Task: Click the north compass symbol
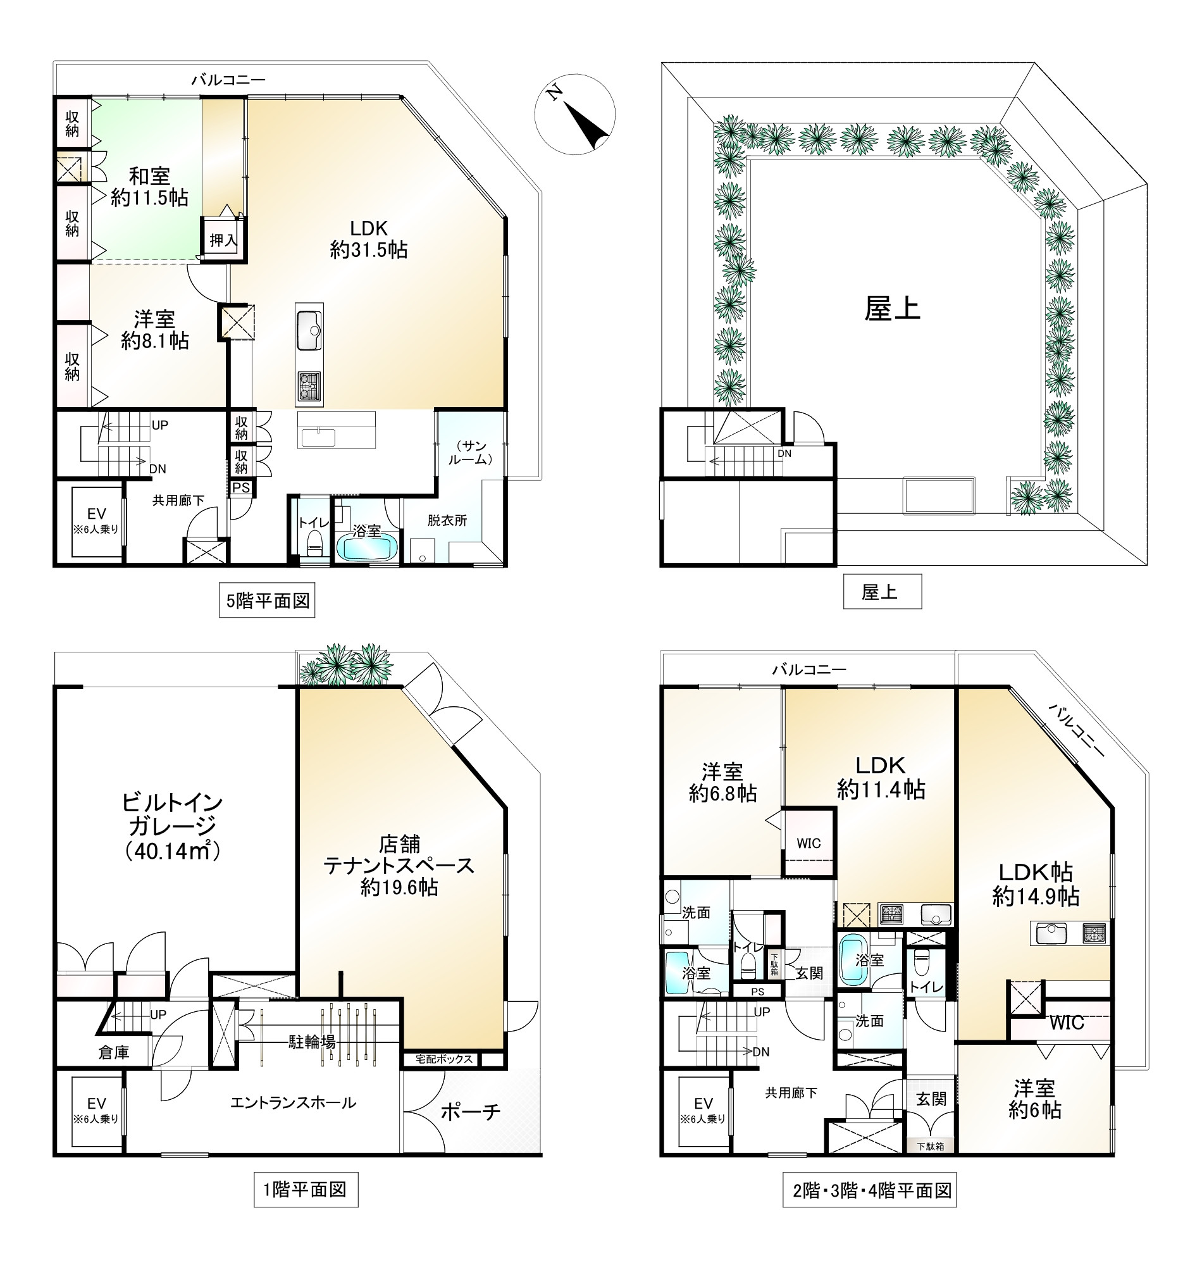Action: [x=574, y=114]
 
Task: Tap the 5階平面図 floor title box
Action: [x=267, y=601]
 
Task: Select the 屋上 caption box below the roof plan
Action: [x=883, y=592]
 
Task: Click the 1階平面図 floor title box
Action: [x=306, y=1190]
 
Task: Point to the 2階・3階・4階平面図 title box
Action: [x=869, y=1190]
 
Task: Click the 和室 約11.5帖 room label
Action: [x=149, y=187]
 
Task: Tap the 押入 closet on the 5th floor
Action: [x=223, y=240]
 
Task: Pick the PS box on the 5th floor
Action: [x=242, y=488]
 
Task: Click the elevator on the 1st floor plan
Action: [x=97, y=1112]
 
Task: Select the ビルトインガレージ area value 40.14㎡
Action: [x=173, y=851]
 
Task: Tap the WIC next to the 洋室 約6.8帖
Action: [x=809, y=844]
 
